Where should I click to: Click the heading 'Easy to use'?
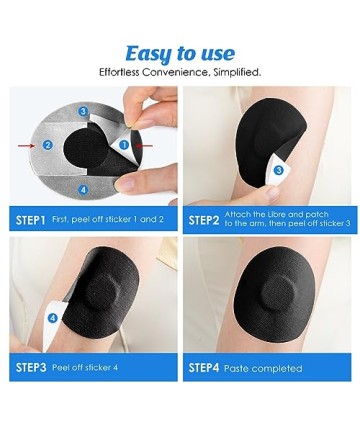[180, 54]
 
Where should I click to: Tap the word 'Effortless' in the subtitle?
[119, 72]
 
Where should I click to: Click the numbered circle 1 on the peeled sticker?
[124, 145]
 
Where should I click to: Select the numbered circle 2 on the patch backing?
[48, 145]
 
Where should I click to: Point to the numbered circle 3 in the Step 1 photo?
[83, 111]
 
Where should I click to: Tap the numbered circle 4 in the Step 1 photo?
[83, 190]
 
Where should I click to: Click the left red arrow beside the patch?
[26, 145]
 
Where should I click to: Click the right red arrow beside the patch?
[144, 145]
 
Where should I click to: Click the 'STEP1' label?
[30, 220]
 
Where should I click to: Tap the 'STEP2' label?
[204, 220]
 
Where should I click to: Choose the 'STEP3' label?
[31, 367]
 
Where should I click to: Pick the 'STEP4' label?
[204, 368]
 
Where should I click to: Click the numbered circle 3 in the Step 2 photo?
[278, 171]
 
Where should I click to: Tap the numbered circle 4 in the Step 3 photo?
[52, 318]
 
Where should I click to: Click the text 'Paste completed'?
[263, 368]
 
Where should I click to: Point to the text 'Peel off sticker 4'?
[85, 368]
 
